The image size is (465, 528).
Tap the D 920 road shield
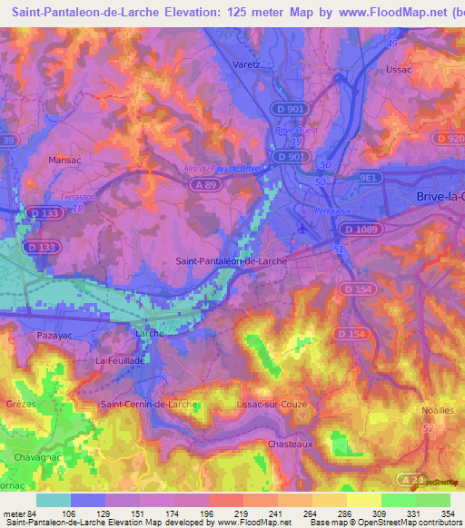pos(448,138)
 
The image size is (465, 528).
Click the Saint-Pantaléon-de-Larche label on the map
pos(232,262)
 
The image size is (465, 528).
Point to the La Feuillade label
pos(120,361)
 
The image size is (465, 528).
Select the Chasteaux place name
pos(291,444)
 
